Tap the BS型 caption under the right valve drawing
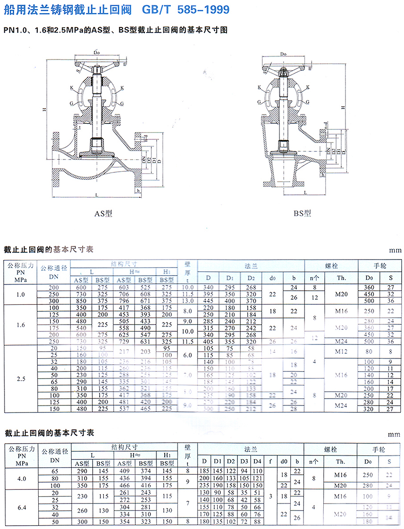(x=302, y=213)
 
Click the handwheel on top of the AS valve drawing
(x=96, y=63)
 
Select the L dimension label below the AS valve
(x=96, y=194)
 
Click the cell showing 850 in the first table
(x=82, y=301)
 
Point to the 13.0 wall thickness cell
(x=188, y=301)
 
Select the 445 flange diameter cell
(x=208, y=301)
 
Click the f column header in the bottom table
(x=271, y=461)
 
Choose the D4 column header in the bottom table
(x=257, y=461)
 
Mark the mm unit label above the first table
(x=394, y=251)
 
